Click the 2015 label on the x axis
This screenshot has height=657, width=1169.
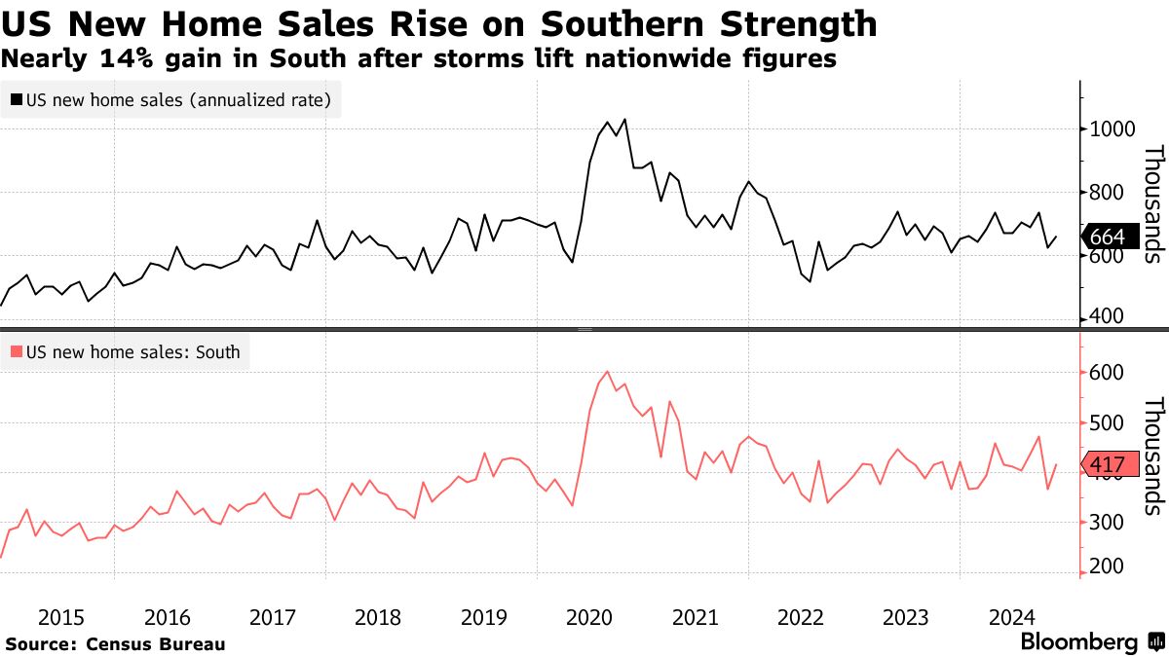click(x=60, y=616)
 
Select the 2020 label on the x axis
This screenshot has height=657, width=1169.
click(x=589, y=616)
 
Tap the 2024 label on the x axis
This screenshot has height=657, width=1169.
click(x=1012, y=616)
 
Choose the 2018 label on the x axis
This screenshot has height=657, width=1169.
click(x=378, y=616)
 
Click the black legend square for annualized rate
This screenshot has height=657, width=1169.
click(x=17, y=99)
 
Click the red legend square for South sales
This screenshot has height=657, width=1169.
click(x=17, y=352)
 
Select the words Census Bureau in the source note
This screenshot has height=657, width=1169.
click(x=156, y=643)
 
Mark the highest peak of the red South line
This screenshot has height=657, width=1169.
click(x=608, y=371)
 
